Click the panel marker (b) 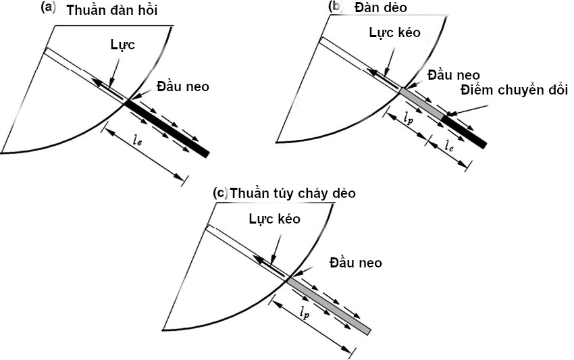pyautogui.click(x=336, y=7)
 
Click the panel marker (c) pyautogui.click(x=220, y=192)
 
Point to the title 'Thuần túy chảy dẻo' pyautogui.click(x=292, y=193)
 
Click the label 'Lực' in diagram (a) pyautogui.click(x=122, y=47)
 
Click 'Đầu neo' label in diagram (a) pyautogui.click(x=182, y=86)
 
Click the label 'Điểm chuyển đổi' pyautogui.click(x=515, y=90)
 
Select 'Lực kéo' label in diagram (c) pyautogui.click(x=274, y=219)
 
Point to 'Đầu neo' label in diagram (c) pyautogui.click(x=355, y=263)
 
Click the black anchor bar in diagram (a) pyautogui.click(x=167, y=128)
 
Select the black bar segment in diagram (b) pyautogui.click(x=464, y=130)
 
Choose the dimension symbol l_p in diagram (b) pyautogui.click(x=408, y=118)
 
